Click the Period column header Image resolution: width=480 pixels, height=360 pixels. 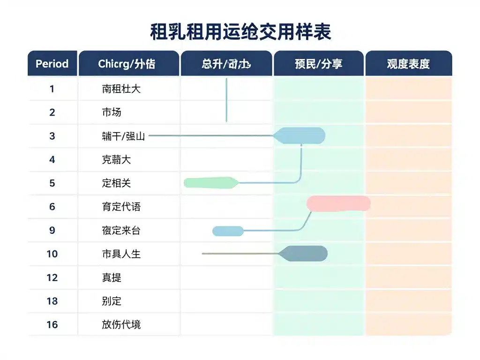[x=52, y=64]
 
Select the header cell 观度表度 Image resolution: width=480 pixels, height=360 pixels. [x=408, y=64]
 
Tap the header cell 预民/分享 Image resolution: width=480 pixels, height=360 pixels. [x=318, y=64]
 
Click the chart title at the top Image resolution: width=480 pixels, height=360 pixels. [x=240, y=32]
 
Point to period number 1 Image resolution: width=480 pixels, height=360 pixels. [x=52, y=89]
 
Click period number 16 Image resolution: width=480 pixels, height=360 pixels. [x=52, y=324]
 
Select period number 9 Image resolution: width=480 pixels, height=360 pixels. [x=52, y=230]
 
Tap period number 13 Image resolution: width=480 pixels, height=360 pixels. [x=52, y=301]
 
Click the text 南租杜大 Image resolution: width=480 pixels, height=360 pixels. [x=121, y=89]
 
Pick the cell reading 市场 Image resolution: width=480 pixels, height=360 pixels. [x=112, y=112]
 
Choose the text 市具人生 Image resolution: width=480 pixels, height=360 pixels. [x=121, y=254]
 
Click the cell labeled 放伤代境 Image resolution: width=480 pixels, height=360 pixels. [x=121, y=324]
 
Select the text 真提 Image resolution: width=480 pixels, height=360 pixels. [x=112, y=277]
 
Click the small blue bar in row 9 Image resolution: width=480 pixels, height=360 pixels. [x=228, y=231]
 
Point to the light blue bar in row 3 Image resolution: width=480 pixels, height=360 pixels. [x=301, y=135]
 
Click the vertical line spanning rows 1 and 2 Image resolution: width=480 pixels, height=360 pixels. [x=226, y=100]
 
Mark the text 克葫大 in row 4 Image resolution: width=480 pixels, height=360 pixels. [x=116, y=159]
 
